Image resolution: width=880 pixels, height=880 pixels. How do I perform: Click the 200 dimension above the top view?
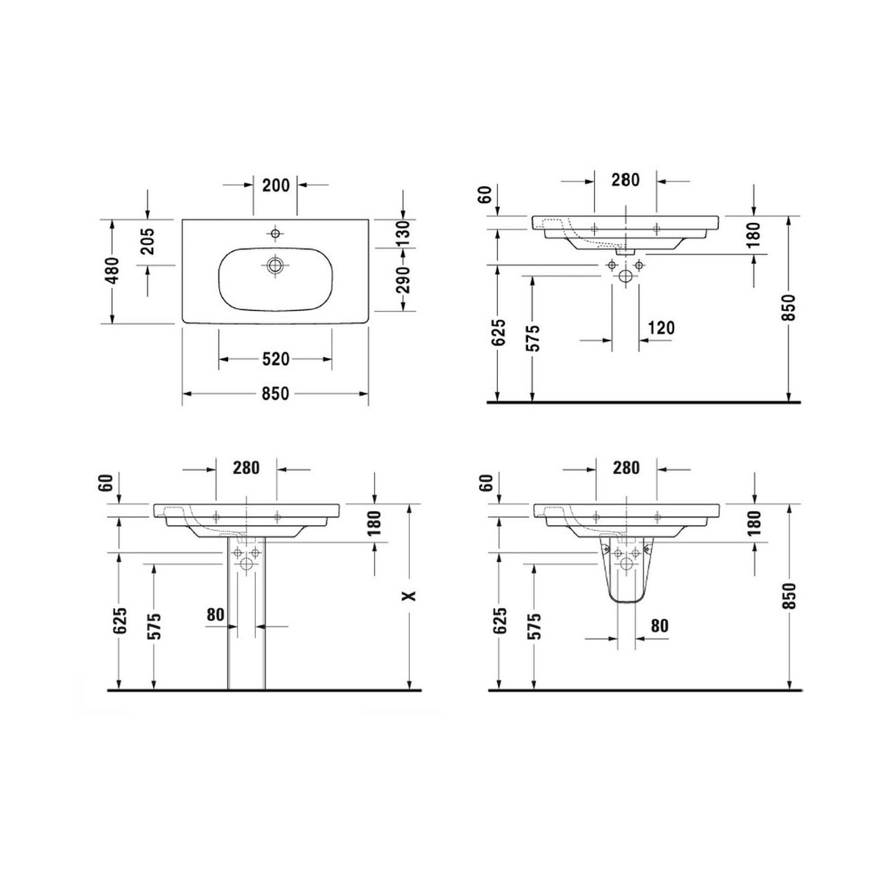pos(276,185)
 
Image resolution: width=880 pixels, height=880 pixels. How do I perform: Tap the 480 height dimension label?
pos(112,271)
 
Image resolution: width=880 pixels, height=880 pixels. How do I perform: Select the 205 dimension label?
pos(148,241)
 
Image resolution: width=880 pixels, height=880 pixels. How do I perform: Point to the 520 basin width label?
pos(276,359)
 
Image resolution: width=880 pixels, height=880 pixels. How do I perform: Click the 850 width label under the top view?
pos(276,394)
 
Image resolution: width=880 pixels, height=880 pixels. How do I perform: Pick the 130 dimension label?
pos(403,233)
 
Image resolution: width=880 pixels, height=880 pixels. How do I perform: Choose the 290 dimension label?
pos(403,279)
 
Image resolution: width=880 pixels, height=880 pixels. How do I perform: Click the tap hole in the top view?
pos(275,233)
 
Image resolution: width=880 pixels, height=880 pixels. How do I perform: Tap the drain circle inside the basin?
pos(276,265)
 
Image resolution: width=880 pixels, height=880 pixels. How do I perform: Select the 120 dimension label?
pos(661,328)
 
